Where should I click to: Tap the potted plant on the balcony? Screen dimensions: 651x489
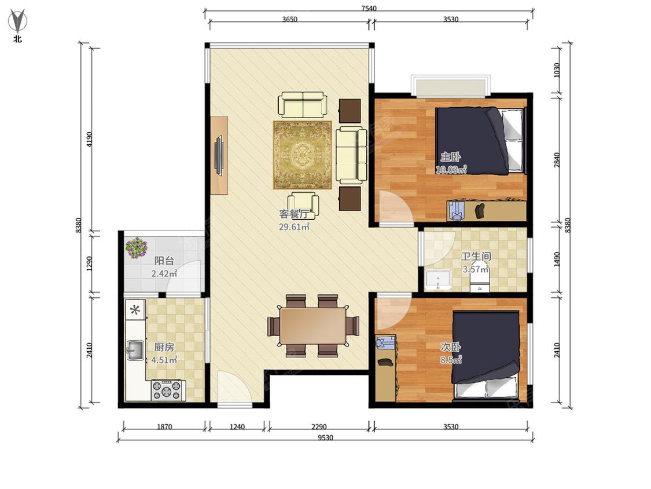[137, 247]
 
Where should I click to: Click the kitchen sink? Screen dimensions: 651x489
[135, 350]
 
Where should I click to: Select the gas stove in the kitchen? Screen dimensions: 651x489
[168, 390]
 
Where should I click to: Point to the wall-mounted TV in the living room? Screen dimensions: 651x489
[220, 155]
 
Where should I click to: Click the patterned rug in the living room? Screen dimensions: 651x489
[302, 155]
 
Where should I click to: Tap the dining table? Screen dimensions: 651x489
[313, 326]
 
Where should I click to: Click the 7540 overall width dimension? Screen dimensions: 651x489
[369, 8]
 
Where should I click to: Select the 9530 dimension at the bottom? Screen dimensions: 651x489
[325, 437]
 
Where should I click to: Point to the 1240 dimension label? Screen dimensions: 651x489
[237, 426]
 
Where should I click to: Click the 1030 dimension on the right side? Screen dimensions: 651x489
[557, 70]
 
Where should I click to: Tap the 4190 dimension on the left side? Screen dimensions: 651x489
[90, 139]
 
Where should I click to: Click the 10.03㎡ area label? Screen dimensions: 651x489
[451, 169]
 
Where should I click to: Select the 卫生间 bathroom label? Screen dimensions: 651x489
[476, 256]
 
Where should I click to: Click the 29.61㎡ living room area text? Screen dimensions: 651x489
[295, 227]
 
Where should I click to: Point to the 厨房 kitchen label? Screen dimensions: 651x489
[164, 347]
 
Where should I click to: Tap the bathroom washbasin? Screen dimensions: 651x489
[438, 279]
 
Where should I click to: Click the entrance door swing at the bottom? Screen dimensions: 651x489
[234, 386]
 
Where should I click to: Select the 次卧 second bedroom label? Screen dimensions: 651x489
[450, 347]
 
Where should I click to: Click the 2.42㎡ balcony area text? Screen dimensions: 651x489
[164, 273]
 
